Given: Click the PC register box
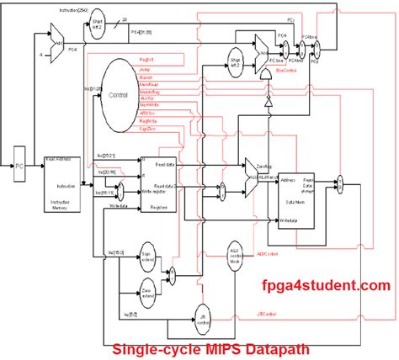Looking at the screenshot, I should pos(19,167).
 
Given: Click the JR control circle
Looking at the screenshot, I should pos(202,317).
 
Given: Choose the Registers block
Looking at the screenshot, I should pos(158,180).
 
